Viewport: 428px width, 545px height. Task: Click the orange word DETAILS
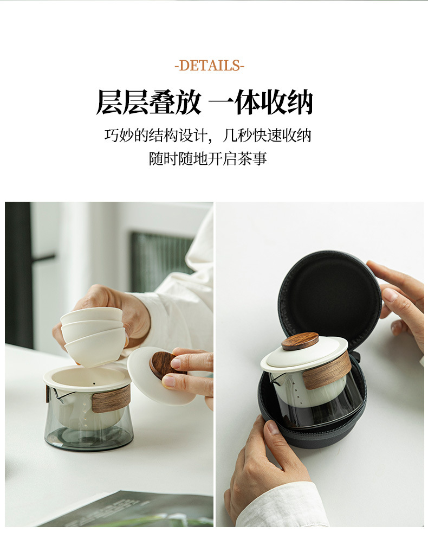coord(209,65)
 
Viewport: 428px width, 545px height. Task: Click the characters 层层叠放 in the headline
coord(148,102)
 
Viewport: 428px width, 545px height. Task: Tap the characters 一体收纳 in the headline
coord(261,102)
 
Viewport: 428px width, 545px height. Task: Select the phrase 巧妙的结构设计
coord(156,135)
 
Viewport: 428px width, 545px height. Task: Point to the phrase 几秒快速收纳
coord(267,135)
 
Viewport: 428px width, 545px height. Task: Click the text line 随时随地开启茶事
coord(208,158)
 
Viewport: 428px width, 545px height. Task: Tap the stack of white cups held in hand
coord(93,336)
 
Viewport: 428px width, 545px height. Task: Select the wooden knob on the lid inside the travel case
coord(300,341)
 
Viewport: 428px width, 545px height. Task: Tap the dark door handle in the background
coord(43,259)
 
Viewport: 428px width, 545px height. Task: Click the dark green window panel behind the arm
coord(161,261)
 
